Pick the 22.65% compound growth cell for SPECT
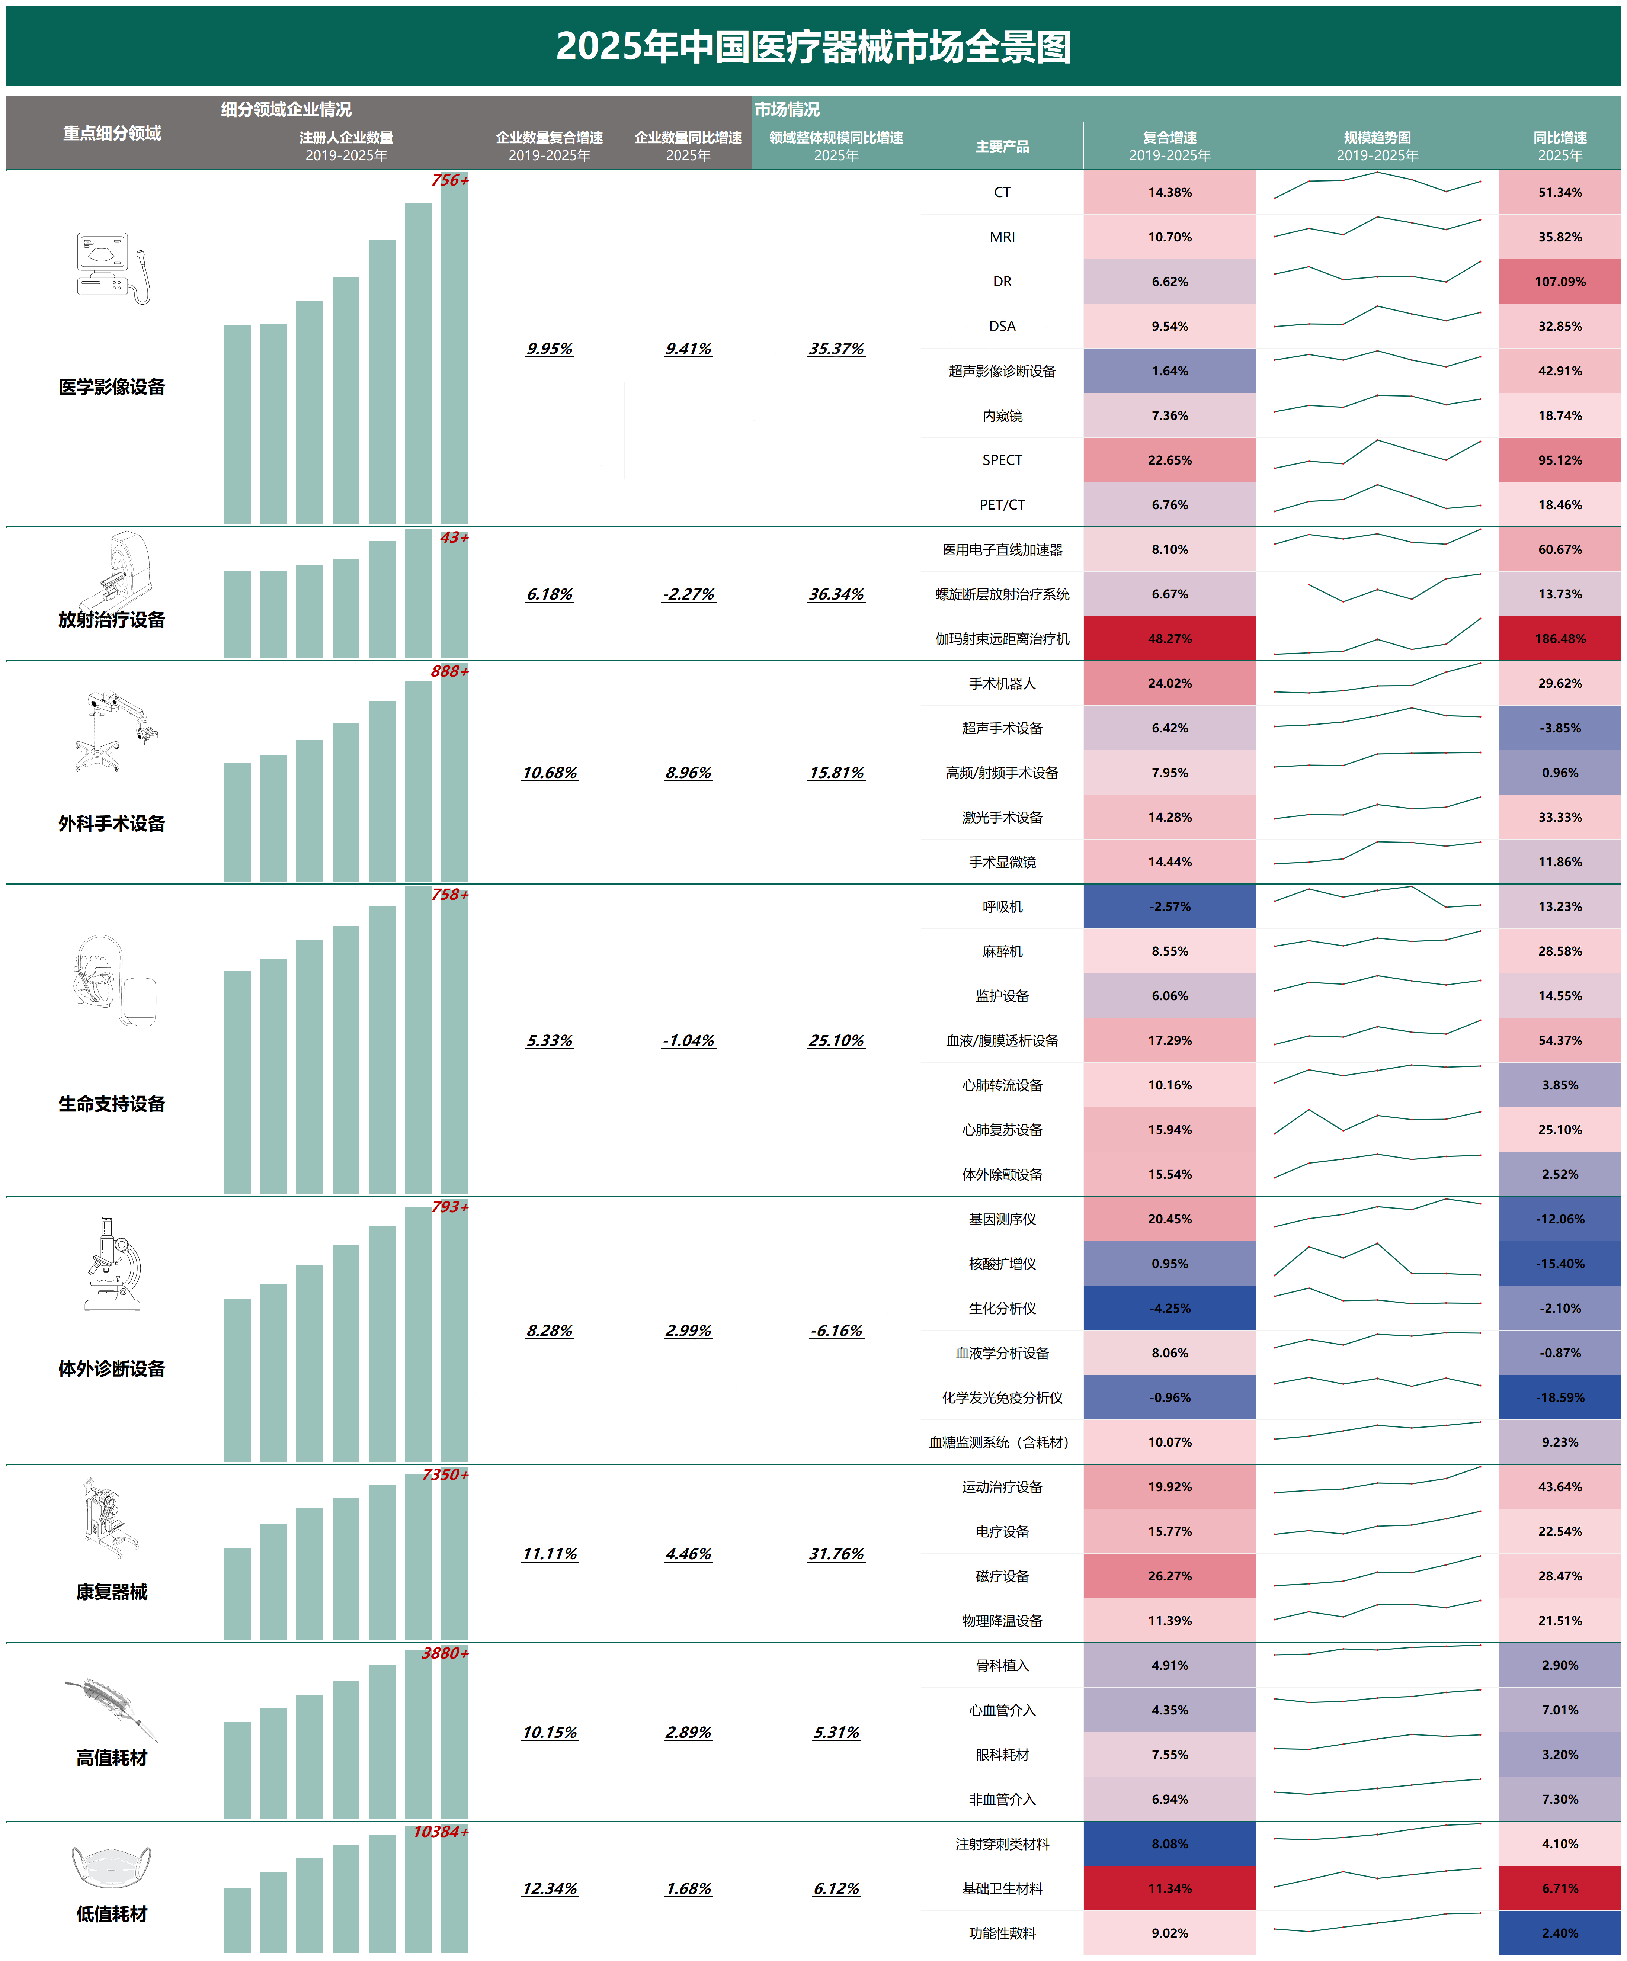(x=1169, y=459)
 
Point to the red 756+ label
(x=449, y=180)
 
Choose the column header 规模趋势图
(x=1377, y=146)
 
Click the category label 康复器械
(x=111, y=1592)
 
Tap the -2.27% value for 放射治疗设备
(x=688, y=594)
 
